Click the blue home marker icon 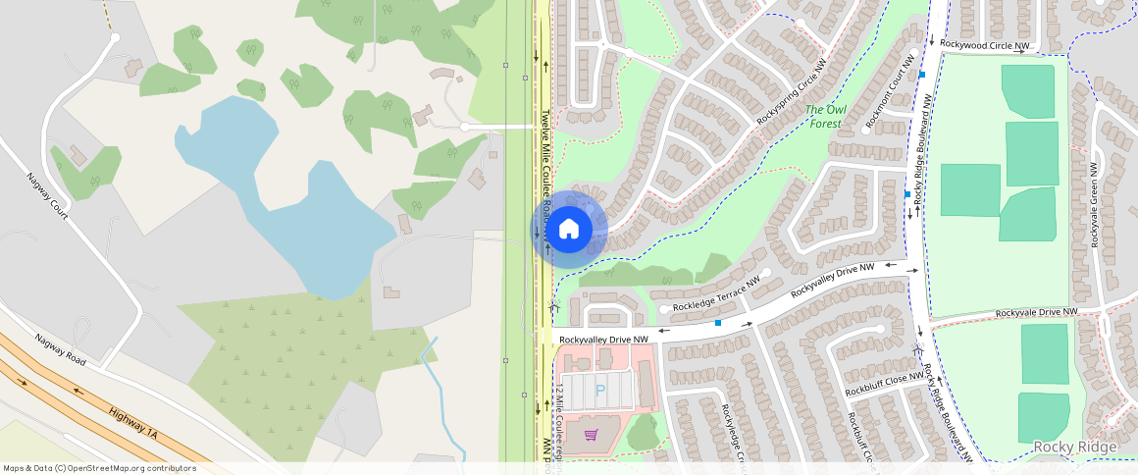pos(568,230)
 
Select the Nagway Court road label pos(46,196)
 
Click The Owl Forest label pos(823,116)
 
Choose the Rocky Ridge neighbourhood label pos(1074,448)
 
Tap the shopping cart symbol pos(592,434)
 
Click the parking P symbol pos(600,391)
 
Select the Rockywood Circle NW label pos(984,45)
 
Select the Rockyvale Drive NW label pos(1036,312)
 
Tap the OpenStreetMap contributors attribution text pos(99,468)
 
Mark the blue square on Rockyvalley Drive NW pos(718,323)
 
